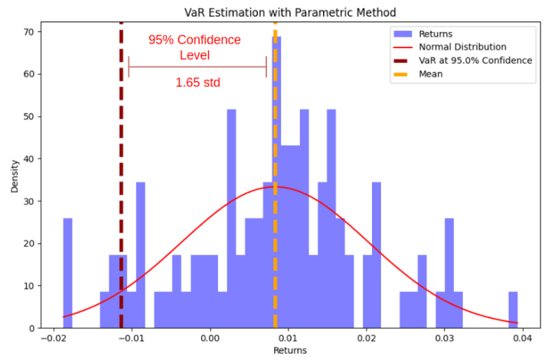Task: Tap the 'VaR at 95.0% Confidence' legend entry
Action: tap(475, 61)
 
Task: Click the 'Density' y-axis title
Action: tap(14, 175)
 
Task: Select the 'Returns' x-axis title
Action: tap(289, 351)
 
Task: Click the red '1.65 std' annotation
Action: tap(197, 83)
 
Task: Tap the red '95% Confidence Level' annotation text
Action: tap(194, 47)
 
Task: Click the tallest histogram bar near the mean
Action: tap(277, 184)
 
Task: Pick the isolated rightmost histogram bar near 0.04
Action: tap(513, 310)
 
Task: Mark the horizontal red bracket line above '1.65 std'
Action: tap(197, 67)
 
